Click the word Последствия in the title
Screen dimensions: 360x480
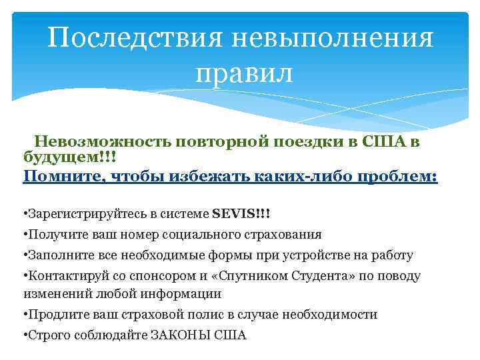(x=134, y=38)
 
